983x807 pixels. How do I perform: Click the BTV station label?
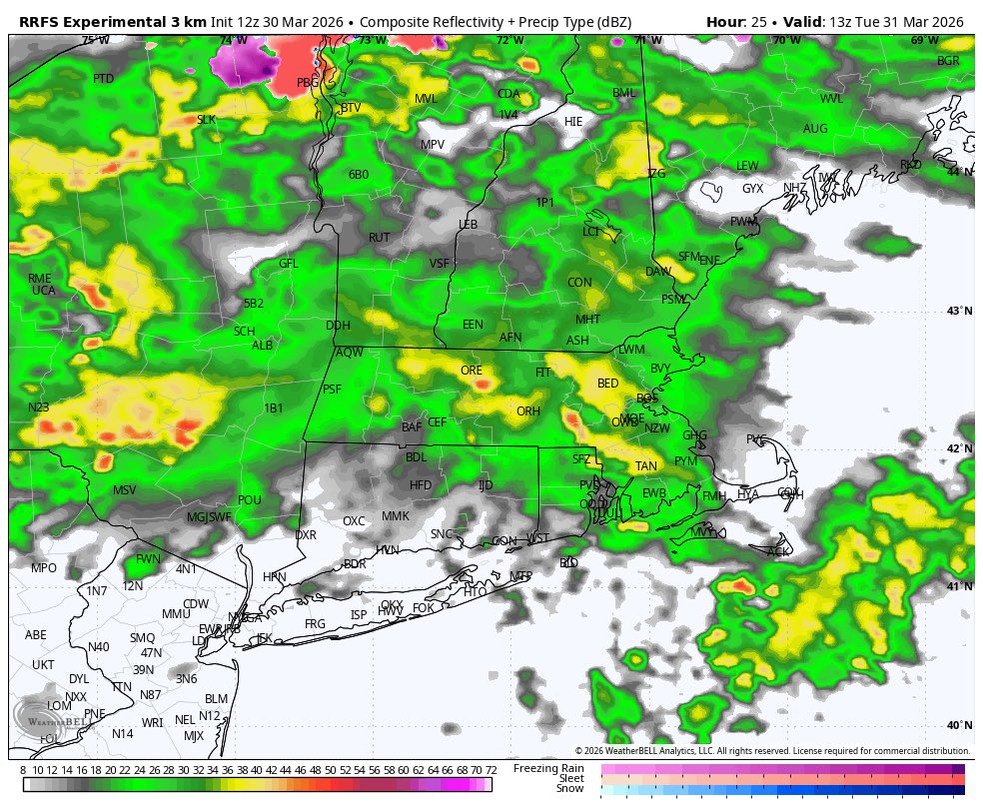coord(351,108)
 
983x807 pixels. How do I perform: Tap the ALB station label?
coord(262,346)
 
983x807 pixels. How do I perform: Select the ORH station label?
coord(527,411)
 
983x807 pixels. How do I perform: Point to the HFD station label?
coord(421,485)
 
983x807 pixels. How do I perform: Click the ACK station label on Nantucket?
coord(778,551)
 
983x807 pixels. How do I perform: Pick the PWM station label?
coord(742,222)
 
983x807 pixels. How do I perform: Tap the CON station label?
coord(579,283)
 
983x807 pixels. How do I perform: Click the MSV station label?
coord(124,490)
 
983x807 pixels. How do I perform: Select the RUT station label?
coord(379,238)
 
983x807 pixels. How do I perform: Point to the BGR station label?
coord(947,62)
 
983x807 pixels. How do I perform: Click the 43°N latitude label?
coord(959,312)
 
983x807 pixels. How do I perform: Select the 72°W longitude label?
coord(509,40)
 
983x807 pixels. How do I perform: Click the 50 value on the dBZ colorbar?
coord(331,770)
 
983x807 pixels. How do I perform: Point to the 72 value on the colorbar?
coord(491,770)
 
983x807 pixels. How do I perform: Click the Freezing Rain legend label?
coord(548,768)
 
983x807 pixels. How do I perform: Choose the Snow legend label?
coord(569,789)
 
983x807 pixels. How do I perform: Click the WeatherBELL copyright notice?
coord(772,751)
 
